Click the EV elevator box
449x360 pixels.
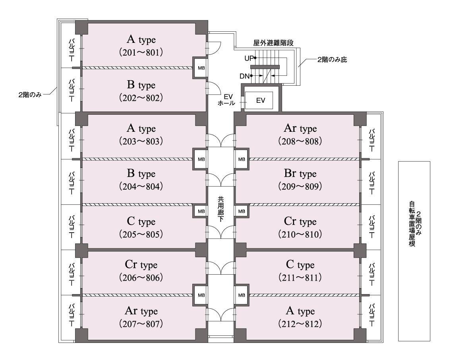[260, 100]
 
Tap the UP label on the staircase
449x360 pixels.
[249, 58]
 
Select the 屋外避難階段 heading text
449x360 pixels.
[273, 43]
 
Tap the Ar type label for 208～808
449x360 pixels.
[300, 129]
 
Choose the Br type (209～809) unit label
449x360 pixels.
[300, 174]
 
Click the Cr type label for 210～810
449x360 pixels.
[300, 221]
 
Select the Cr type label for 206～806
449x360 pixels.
[141, 265]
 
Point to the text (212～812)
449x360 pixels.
[300, 324]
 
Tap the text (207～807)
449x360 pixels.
[141, 324]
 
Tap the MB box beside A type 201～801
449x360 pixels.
[200, 68]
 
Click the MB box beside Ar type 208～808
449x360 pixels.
[242, 159]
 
